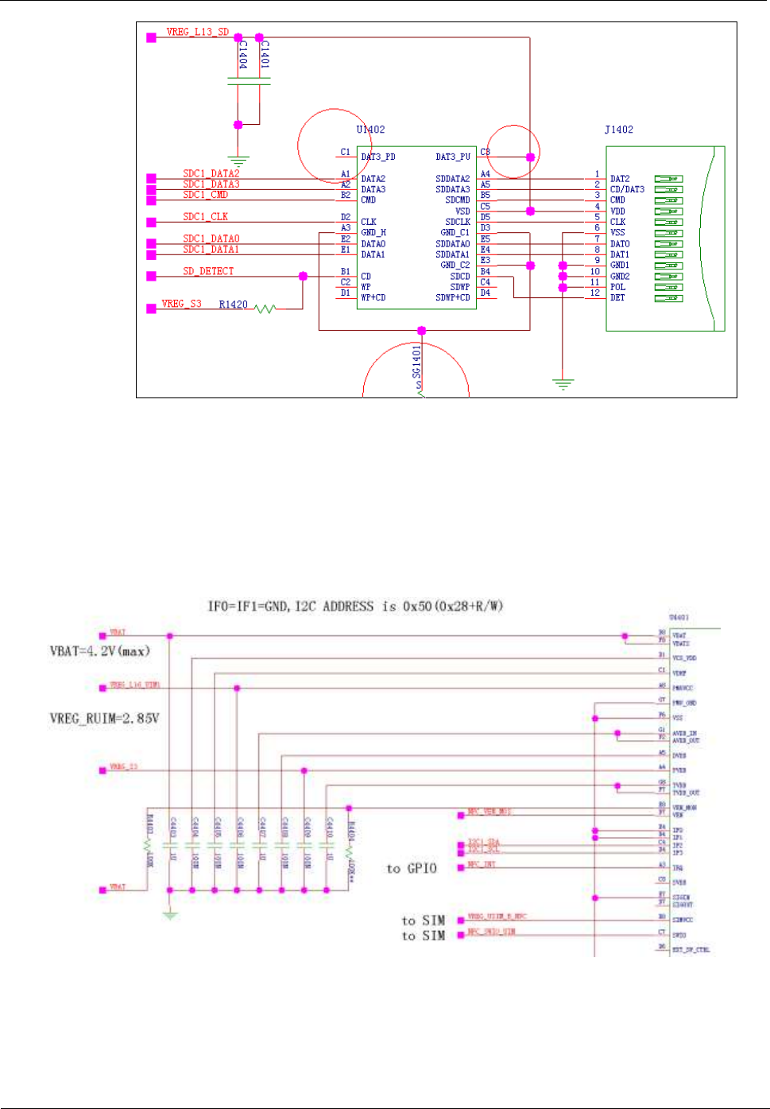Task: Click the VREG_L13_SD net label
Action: coord(197,33)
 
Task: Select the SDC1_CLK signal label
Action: coord(205,216)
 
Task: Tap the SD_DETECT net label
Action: coord(208,271)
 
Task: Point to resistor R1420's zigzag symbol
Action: coord(265,308)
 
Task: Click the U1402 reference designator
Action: coord(370,130)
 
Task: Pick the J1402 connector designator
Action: coord(619,130)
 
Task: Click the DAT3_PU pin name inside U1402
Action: coord(453,157)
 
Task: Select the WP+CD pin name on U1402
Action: coord(373,297)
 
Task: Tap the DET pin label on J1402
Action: coord(617,297)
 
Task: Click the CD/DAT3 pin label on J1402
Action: coord(627,189)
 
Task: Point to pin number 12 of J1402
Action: coord(594,293)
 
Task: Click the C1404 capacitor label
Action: coord(243,55)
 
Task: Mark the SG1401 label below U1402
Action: coord(416,362)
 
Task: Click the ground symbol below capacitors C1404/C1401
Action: coord(238,161)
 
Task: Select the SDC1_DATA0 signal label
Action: coord(211,238)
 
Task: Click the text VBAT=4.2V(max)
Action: coord(99,651)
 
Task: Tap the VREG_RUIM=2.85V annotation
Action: coord(104,718)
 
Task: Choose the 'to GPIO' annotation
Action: coord(412,868)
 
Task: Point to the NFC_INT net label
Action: coord(482,864)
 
